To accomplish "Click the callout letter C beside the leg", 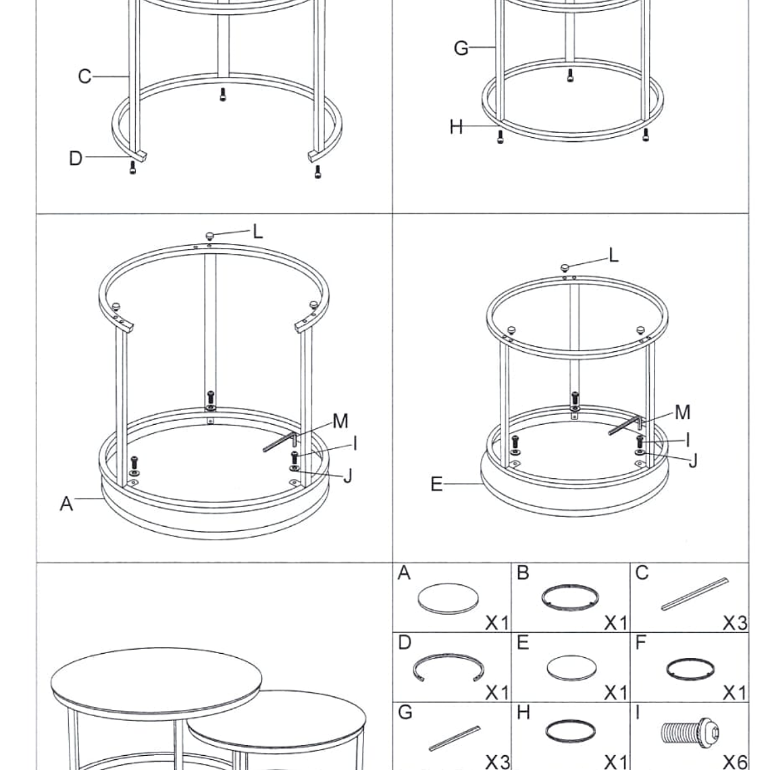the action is click(84, 76).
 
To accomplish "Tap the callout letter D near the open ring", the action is click(75, 158).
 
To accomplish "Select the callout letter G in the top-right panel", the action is click(461, 48).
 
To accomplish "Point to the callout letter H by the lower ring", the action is click(456, 127).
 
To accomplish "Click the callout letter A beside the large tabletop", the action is click(66, 503).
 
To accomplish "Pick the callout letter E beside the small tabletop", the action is click(436, 484).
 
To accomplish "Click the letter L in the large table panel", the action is click(258, 231).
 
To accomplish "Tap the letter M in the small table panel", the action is click(683, 412).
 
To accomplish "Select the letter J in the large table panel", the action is click(348, 476).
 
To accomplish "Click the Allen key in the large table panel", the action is click(280, 441).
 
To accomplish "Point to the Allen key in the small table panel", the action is click(625, 426).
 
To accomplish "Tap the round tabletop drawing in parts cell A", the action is click(448, 598).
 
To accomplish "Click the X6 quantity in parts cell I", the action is click(735, 762).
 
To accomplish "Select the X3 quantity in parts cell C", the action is click(735, 623).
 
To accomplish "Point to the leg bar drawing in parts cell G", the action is click(455, 738).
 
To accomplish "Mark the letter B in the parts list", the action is click(523, 573).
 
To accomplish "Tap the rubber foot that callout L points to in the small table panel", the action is click(565, 267).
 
